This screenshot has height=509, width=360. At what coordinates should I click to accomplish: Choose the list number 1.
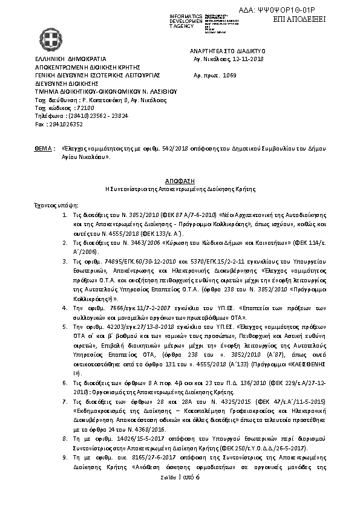click(65, 215)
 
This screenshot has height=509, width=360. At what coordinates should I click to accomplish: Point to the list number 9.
click(65, 459)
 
